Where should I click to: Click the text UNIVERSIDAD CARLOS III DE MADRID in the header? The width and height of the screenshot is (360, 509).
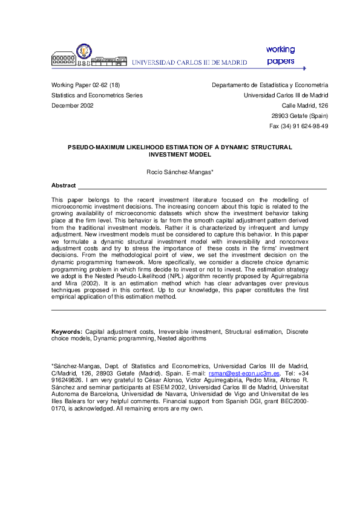189,62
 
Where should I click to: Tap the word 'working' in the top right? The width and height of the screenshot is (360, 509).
280,49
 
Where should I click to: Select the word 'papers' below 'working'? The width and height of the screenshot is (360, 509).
280,61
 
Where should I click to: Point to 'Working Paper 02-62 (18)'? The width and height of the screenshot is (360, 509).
85,85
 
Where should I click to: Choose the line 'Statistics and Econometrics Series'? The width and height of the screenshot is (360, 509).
97,96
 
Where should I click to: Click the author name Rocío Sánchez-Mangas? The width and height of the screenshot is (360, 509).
180,172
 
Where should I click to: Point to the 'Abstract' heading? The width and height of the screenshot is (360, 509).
64,186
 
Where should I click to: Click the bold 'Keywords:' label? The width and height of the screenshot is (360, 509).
67,332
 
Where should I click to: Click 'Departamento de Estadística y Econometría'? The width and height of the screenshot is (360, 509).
270,85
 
